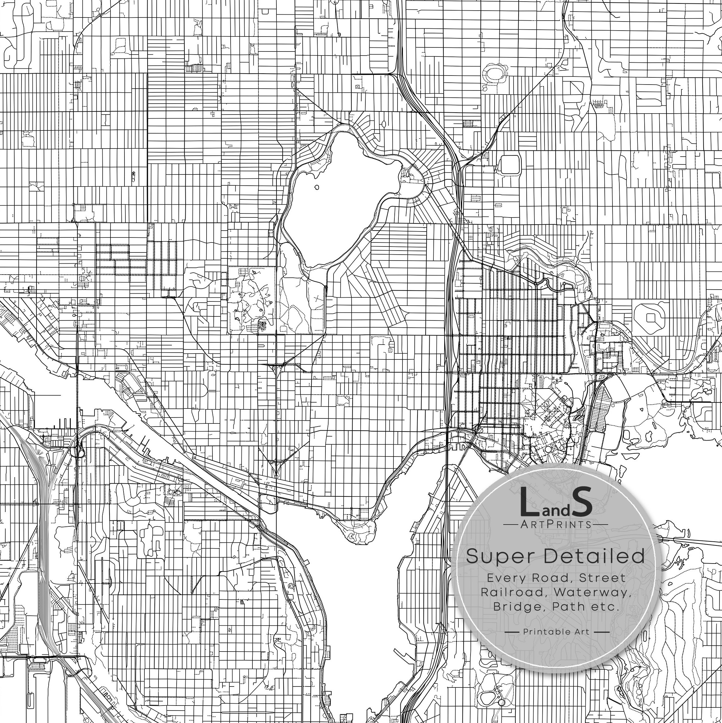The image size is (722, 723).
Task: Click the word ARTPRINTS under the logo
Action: coord(555,524)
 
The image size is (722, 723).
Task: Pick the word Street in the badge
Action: coord(602,578)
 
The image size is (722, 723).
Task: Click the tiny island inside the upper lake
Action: coord(317,188)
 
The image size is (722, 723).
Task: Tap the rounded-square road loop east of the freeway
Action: coord(510,165)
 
